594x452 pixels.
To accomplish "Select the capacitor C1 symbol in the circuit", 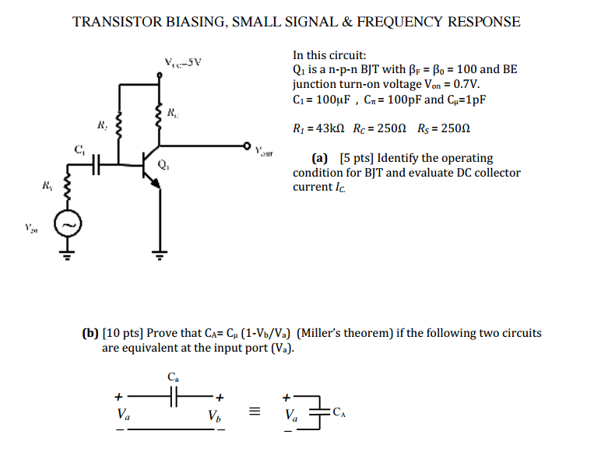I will [x=96, y=164].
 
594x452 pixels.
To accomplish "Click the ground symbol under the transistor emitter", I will [x=160, y=253].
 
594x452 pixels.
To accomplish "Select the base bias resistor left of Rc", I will [x=119, y=122].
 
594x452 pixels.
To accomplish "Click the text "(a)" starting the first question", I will [x=318, y=158].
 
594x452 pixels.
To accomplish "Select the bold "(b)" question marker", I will [x=91, y=333].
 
